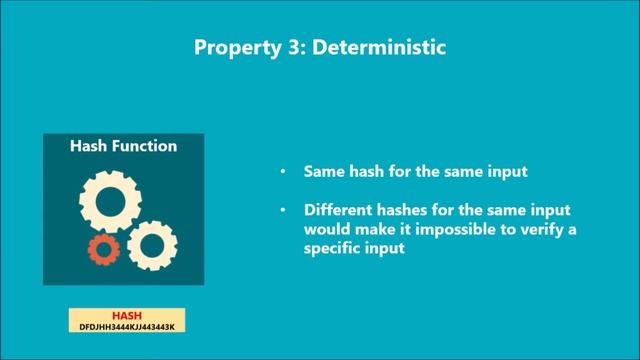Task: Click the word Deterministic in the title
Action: coord(386,46)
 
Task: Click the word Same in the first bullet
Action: coord(323,172)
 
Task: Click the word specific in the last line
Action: coord(331,249)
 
